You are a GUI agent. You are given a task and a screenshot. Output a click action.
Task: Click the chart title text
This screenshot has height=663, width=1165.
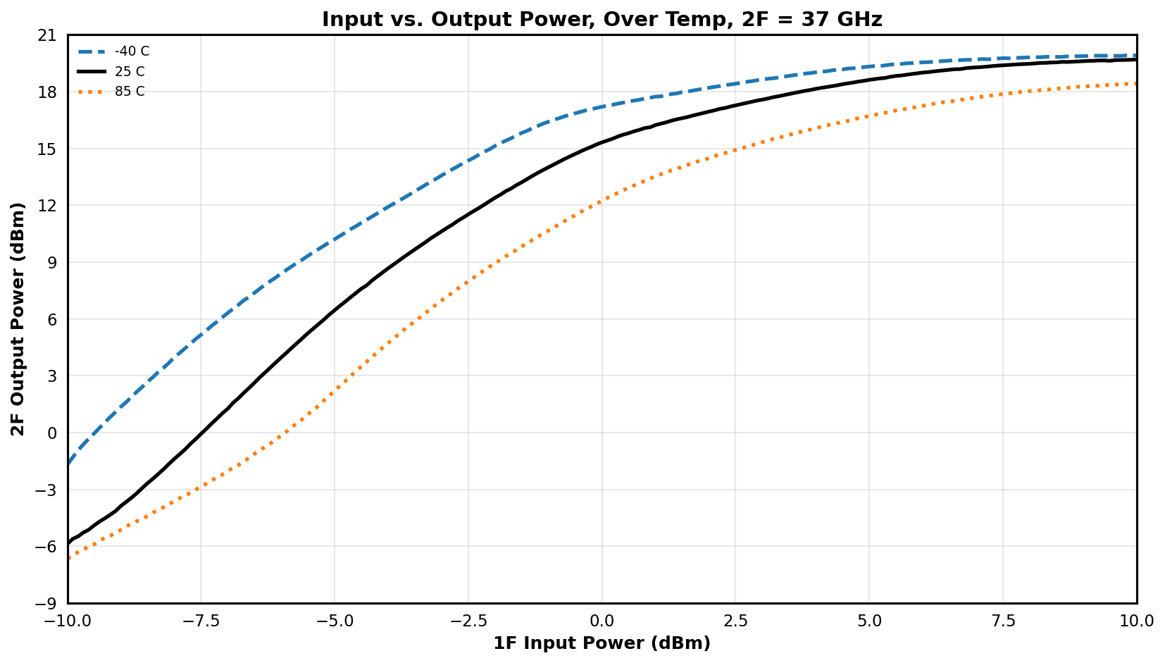[x=602, y=19]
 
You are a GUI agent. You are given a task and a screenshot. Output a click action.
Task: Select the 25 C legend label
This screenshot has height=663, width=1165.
[x=130, y=71]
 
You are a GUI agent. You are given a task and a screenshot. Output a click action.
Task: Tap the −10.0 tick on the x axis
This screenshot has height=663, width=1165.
[x=68, y=621]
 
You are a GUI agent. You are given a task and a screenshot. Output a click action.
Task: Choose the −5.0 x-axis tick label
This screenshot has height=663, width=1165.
[x=335, y=621]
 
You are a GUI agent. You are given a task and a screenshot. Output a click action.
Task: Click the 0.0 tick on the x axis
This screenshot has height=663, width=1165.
[x=602, y=621]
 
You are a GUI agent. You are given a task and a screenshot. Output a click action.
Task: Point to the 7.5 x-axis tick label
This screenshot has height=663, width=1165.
[x=1003, y=621]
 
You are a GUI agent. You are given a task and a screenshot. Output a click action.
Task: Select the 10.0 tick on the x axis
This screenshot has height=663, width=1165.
[x=1137, y=621]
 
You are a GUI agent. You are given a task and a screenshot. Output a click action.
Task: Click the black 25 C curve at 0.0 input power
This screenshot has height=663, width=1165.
[x=602, y=142]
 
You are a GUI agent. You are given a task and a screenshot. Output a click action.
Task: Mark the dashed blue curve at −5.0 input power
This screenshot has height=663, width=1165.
[x=335, y=239]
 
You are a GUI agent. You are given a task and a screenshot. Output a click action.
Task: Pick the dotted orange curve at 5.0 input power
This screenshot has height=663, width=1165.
[x=870, y=116]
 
